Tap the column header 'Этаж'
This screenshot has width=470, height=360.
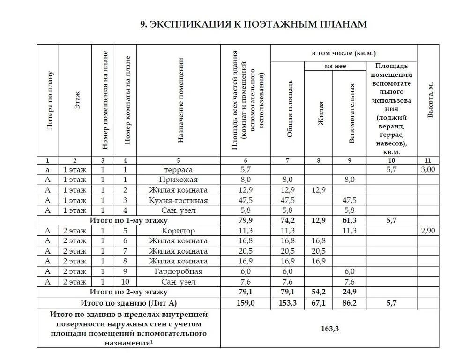[x=77, y=101]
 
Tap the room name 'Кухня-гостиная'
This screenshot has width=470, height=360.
[x=178, y=200]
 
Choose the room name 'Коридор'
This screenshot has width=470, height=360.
[x=178, y=231]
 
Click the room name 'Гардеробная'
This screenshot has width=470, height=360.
[x=178, y=271]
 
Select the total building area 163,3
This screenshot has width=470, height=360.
[x=329, y=328]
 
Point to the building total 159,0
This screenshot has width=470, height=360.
[x=246, y=303]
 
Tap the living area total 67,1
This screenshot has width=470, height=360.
[x=318, y=303]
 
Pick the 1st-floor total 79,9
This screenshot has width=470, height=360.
[x=246, y=220]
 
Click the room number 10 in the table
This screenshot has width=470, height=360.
[x=125, y=282]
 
